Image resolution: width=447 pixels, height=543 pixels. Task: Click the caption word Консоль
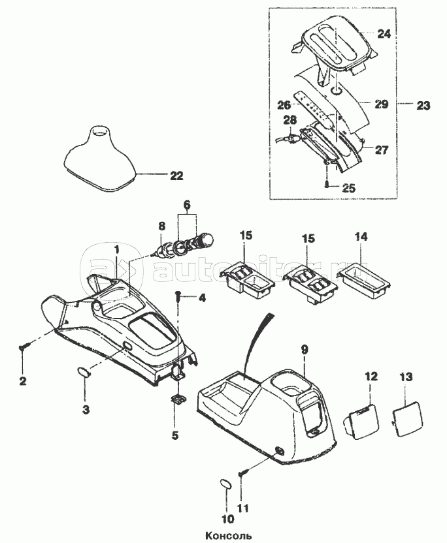pyautogui.click(x=223, y=534)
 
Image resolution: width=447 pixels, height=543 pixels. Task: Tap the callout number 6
pyautogui.click(x=187, y=205)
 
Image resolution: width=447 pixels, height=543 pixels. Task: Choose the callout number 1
pyautogui.click(x=117, y=249)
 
